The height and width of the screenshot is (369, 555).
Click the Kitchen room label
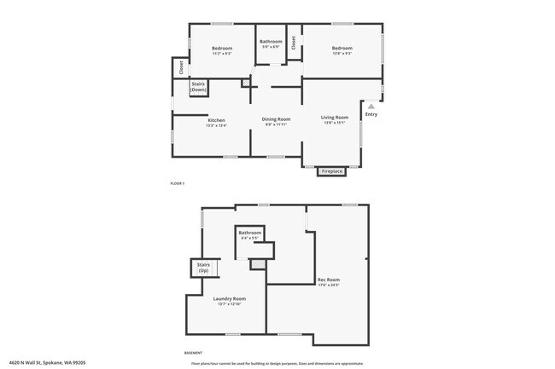click(x=217, y=120)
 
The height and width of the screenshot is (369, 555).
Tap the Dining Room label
click(x=276, y=119)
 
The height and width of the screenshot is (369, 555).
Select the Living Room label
click(x=334, y=117)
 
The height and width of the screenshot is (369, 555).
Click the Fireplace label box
click(x=331, y=171)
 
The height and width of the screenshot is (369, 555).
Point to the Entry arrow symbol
click(x=371, y=106)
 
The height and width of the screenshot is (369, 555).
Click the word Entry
click(x=371, y=114)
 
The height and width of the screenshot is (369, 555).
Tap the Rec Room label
click(x=329, y=280)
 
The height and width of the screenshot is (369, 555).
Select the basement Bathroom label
click(x=249, y=234)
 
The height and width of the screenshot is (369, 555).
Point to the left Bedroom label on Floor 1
click(x=222, y=49)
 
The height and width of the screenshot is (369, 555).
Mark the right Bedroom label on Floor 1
click(x=342, y=49)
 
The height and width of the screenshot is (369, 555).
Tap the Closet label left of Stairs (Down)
click(x=181, y=66)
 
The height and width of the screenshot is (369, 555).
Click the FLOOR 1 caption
click(x=178, y=183)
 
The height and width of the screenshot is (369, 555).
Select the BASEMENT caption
click(x=193, y=352)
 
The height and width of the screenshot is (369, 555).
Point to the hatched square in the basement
click(x=255, y=264)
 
